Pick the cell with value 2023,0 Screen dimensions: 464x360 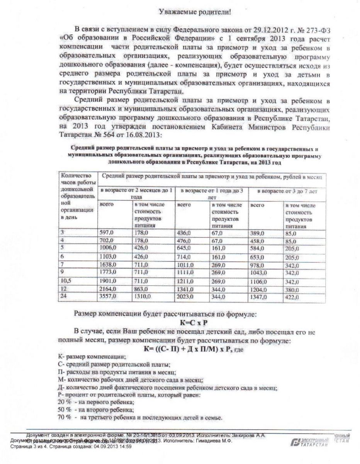click(185, 298)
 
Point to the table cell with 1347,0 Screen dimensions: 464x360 click(258, 298)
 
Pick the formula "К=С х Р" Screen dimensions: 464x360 click(195, 322)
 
